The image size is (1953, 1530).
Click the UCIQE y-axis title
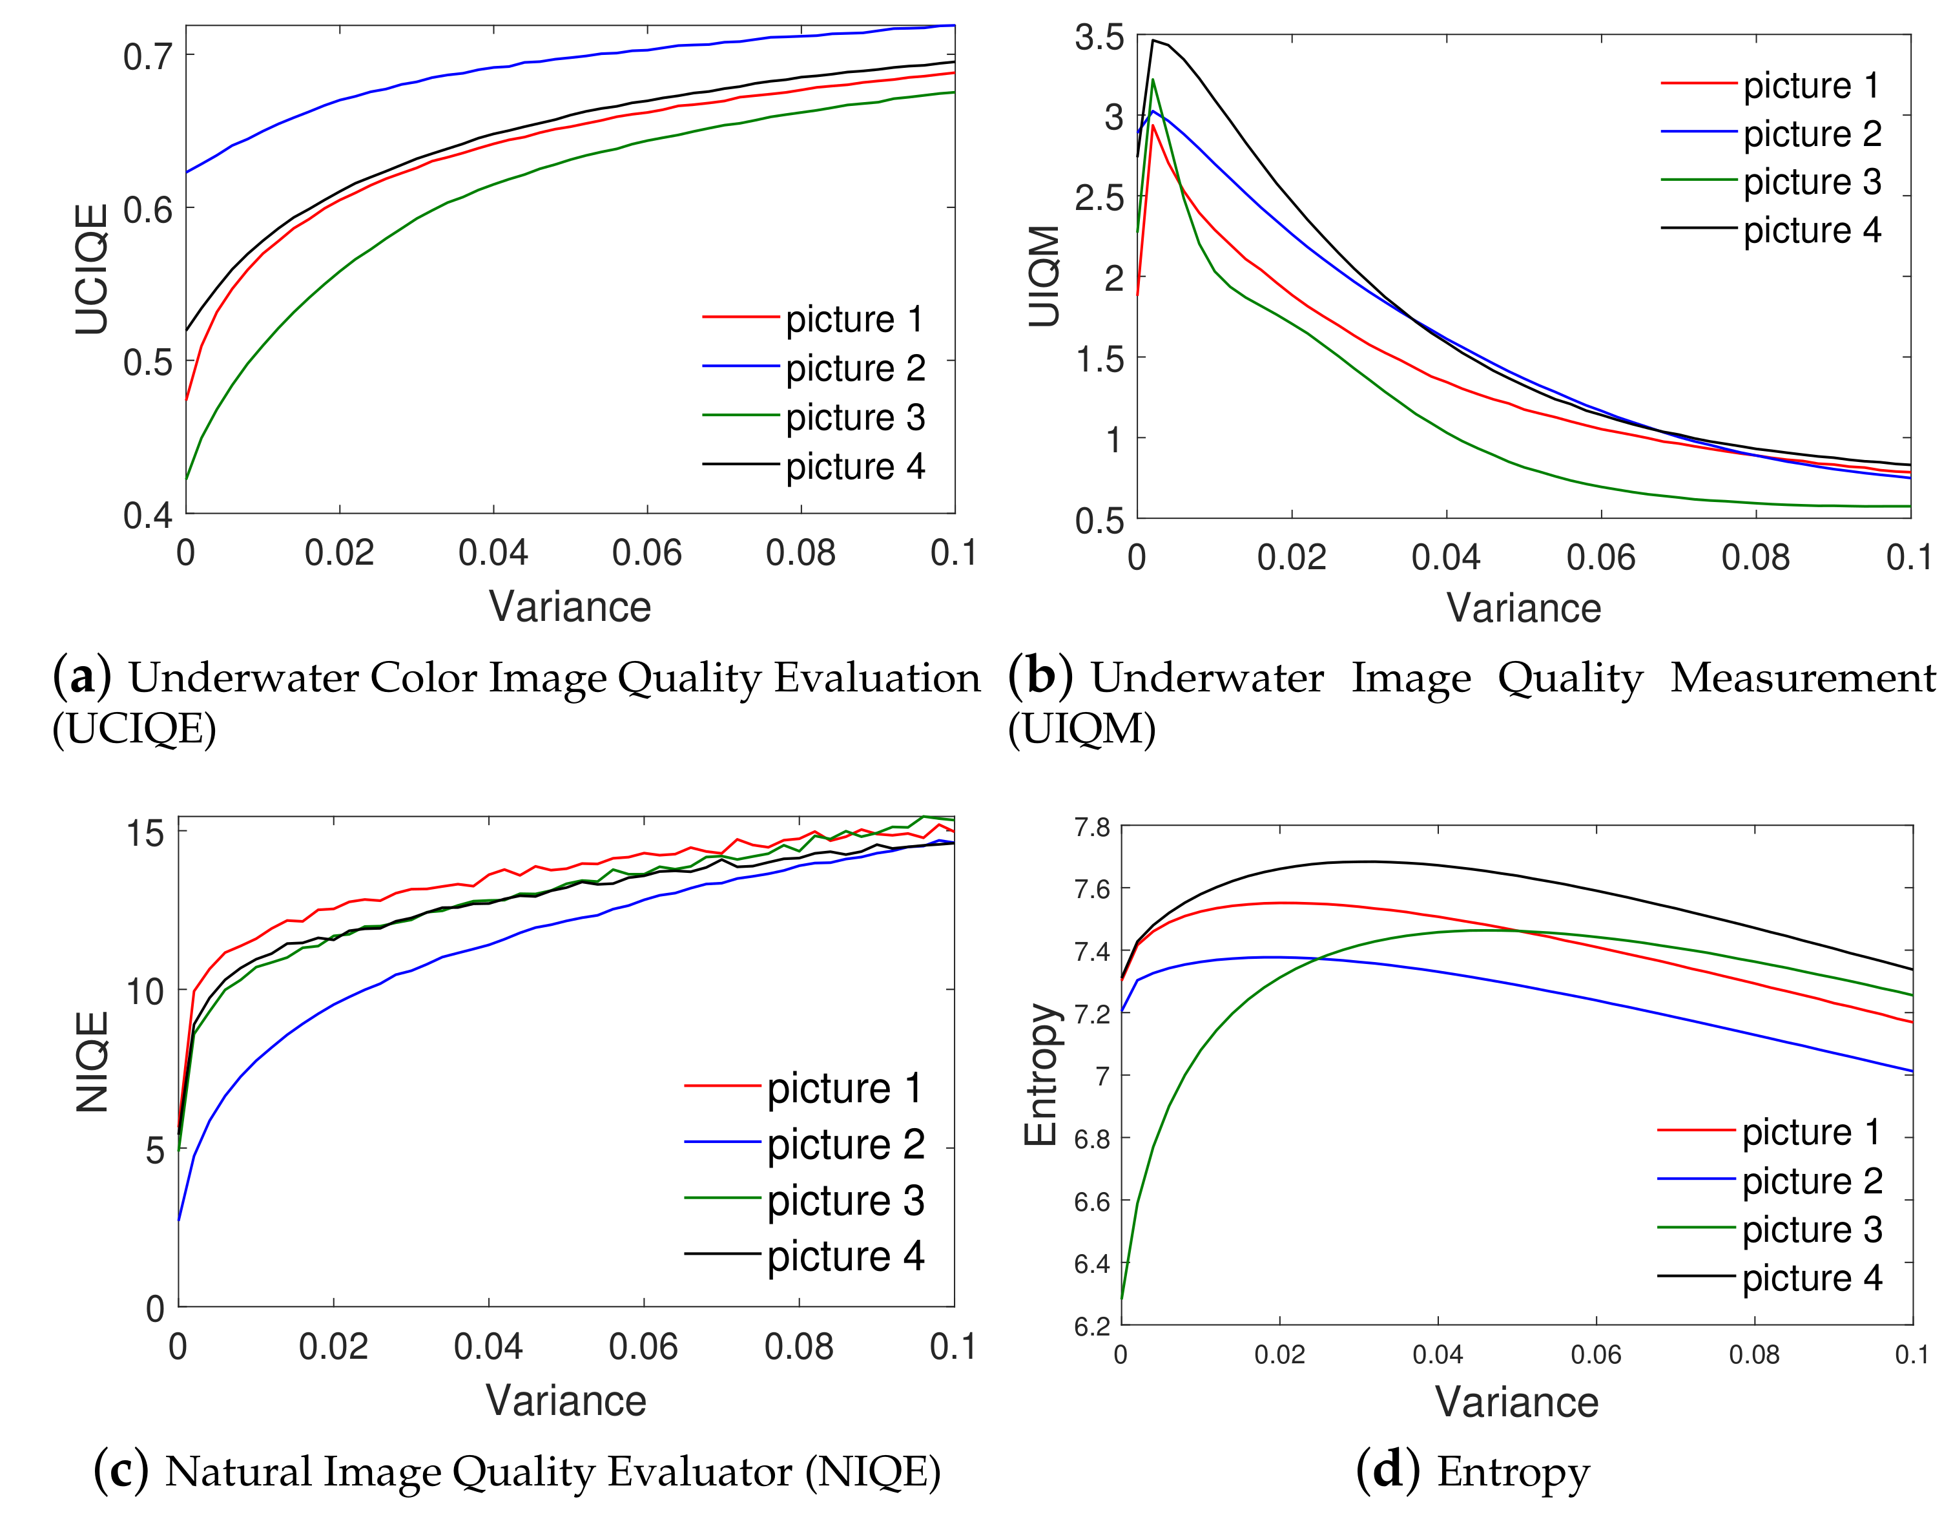click(x=91, y=269)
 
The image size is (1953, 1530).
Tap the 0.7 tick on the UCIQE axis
click(x=148, y=56)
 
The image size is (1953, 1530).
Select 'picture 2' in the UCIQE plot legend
click(x=854, y=368)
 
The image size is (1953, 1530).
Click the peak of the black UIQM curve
click(x=1153, y=40)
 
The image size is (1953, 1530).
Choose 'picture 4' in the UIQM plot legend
click(x=1811, y=230)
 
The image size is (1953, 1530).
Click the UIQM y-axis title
click(x=1044, y=276)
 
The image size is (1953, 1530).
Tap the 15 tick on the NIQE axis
click(x=145, y=833)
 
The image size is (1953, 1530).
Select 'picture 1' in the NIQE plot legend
click(x=843, y=1088)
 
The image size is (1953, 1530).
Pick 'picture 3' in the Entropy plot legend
click(x=1812, y=1229)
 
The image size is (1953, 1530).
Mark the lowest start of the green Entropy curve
click(x=1122, y=1298)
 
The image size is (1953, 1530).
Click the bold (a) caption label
click(x=83, y=676)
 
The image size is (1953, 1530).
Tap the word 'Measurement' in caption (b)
click(x=1802, y=677)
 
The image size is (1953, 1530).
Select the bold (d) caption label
click(x=1387, y=1472)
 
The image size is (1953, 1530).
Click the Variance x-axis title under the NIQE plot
click(x=566, y=1400)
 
